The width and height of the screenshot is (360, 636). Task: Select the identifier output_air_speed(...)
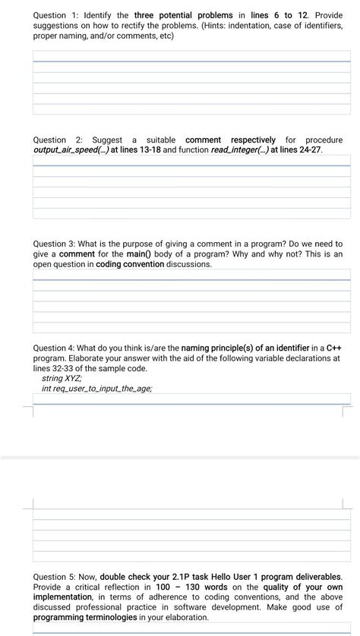[x=71, y=150]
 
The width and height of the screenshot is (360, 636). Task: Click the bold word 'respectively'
[x=253, y=140]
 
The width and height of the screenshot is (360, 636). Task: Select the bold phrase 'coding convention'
[x=130, y=265]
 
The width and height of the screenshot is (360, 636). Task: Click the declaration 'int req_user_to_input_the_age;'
[x=97, y=389]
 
